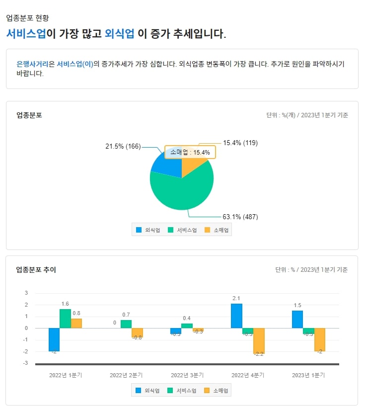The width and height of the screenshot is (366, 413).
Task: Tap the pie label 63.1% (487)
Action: point(240,217)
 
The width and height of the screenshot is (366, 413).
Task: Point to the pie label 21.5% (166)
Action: point(123,146)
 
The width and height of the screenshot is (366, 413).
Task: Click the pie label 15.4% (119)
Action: point(240,143)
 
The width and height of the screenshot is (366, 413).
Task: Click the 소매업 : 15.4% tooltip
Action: point(190,153)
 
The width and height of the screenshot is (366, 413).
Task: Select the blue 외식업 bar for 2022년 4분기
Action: point(236,316)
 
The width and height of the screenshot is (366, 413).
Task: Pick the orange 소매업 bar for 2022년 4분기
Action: point(259,340)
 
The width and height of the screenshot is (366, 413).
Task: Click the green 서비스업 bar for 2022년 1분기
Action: point(65,319)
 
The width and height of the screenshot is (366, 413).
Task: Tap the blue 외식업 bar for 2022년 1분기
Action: point(54,339)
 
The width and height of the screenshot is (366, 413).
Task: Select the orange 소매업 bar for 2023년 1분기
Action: point(319,339)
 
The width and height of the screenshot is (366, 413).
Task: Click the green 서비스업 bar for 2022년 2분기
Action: point(126,324)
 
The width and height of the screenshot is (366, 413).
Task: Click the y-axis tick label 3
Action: point(26,293)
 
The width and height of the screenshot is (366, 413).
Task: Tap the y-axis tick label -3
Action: point(25,363)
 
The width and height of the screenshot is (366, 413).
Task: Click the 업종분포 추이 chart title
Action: point(36,270)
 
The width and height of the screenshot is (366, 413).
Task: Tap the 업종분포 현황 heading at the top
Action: point(28,18)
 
